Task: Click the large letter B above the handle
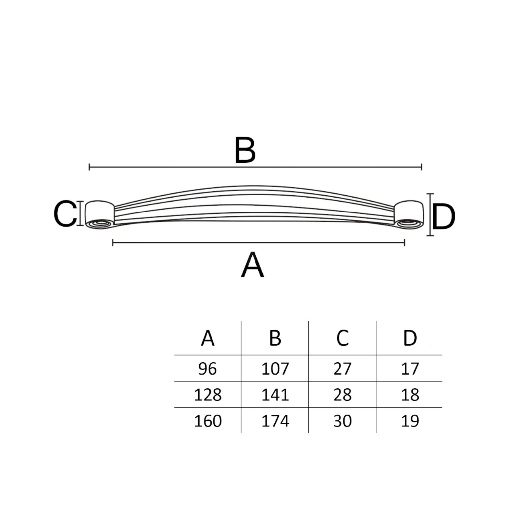click(245, 149)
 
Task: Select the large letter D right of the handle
click(444, 216)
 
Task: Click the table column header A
click(208, 338)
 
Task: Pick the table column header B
click(275, 338)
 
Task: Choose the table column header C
click(342, 338)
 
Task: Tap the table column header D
click(410, 338)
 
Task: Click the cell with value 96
click(208, 369)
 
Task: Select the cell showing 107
click(275, 369)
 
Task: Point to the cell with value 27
click(342, 369)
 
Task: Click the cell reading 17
click(410, 369)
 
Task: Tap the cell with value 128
click(208, 395)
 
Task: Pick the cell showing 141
click(275, 395)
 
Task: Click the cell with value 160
click(208, 421)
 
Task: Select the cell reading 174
click(275, 421)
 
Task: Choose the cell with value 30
click(342, 421)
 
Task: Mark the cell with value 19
click(410, 421)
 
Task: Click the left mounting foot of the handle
click(100, 215)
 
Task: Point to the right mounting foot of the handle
click(409, 215)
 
